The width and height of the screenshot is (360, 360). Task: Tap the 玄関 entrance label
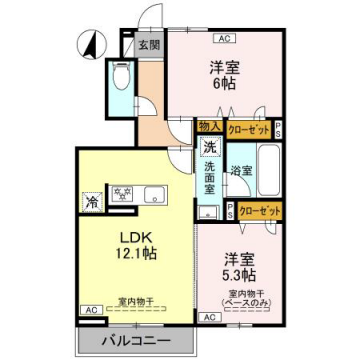point(149,45)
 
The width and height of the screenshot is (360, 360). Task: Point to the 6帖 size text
point(225,86)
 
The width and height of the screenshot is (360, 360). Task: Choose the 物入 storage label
point(210,127)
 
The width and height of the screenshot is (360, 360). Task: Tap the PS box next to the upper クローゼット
point(277,128)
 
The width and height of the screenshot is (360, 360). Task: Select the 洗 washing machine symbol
point(209,148)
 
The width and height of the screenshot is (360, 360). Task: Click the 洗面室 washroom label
point(210,177)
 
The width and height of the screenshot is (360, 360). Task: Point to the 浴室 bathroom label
point(240,170)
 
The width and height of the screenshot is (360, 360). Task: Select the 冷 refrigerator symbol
point(92,199)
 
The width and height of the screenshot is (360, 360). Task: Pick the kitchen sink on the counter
point(160,193)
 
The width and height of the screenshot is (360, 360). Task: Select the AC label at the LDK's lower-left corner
point(88,311)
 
